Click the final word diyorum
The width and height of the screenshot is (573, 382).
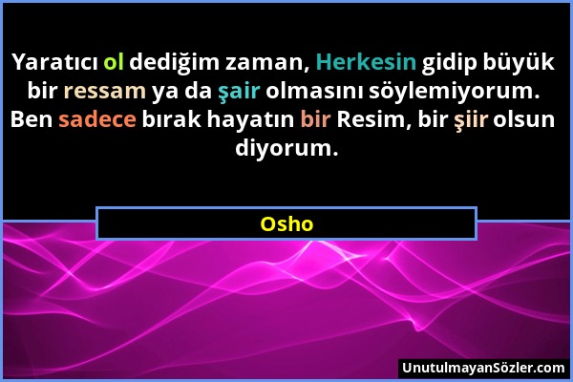(x=286, y=150)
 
